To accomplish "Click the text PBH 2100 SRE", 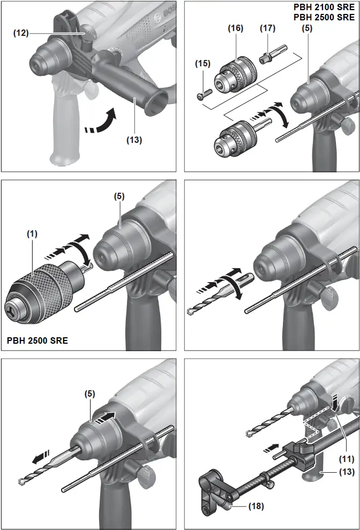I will (324, 8).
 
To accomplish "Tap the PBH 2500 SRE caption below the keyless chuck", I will (37, 340).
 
